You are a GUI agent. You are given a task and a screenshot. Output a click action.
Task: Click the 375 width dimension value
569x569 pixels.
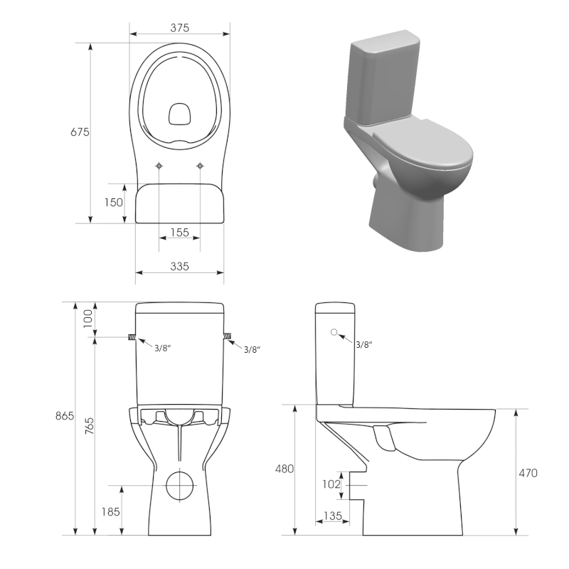pyautogui.click(x=179, y=28)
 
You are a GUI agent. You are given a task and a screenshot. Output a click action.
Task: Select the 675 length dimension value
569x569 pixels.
pyautogui.click(x=79, y=132)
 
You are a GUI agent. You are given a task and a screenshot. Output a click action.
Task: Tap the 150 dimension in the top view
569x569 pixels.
pyautogui.click(x=114, y=202)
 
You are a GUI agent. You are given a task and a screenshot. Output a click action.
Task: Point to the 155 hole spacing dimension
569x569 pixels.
pyautogui.click(x=179, y=233)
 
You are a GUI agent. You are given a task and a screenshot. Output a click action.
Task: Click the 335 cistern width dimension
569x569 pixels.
pyautogui.click(x=179, y=266)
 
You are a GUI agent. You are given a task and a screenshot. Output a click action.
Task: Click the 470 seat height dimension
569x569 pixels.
pyautogui.click(x=528, y=472)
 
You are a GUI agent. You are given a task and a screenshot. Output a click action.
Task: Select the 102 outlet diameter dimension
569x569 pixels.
pyautogui.click(x=332, y=484)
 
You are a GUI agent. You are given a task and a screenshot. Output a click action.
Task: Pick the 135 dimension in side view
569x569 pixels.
pyautogui.click(x=333, y=515)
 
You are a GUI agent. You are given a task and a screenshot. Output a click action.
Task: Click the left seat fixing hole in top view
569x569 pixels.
pyautogui.click(x=159, y=166)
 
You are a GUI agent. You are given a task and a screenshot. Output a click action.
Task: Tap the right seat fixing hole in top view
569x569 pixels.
pyautogui.click(x=200, y=166)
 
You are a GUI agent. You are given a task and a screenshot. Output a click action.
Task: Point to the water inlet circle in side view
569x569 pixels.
pyautogui.click(x=334, y=332)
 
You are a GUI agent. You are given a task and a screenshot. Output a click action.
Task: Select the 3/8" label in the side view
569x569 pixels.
pyautogui.click(x=363, y=344)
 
